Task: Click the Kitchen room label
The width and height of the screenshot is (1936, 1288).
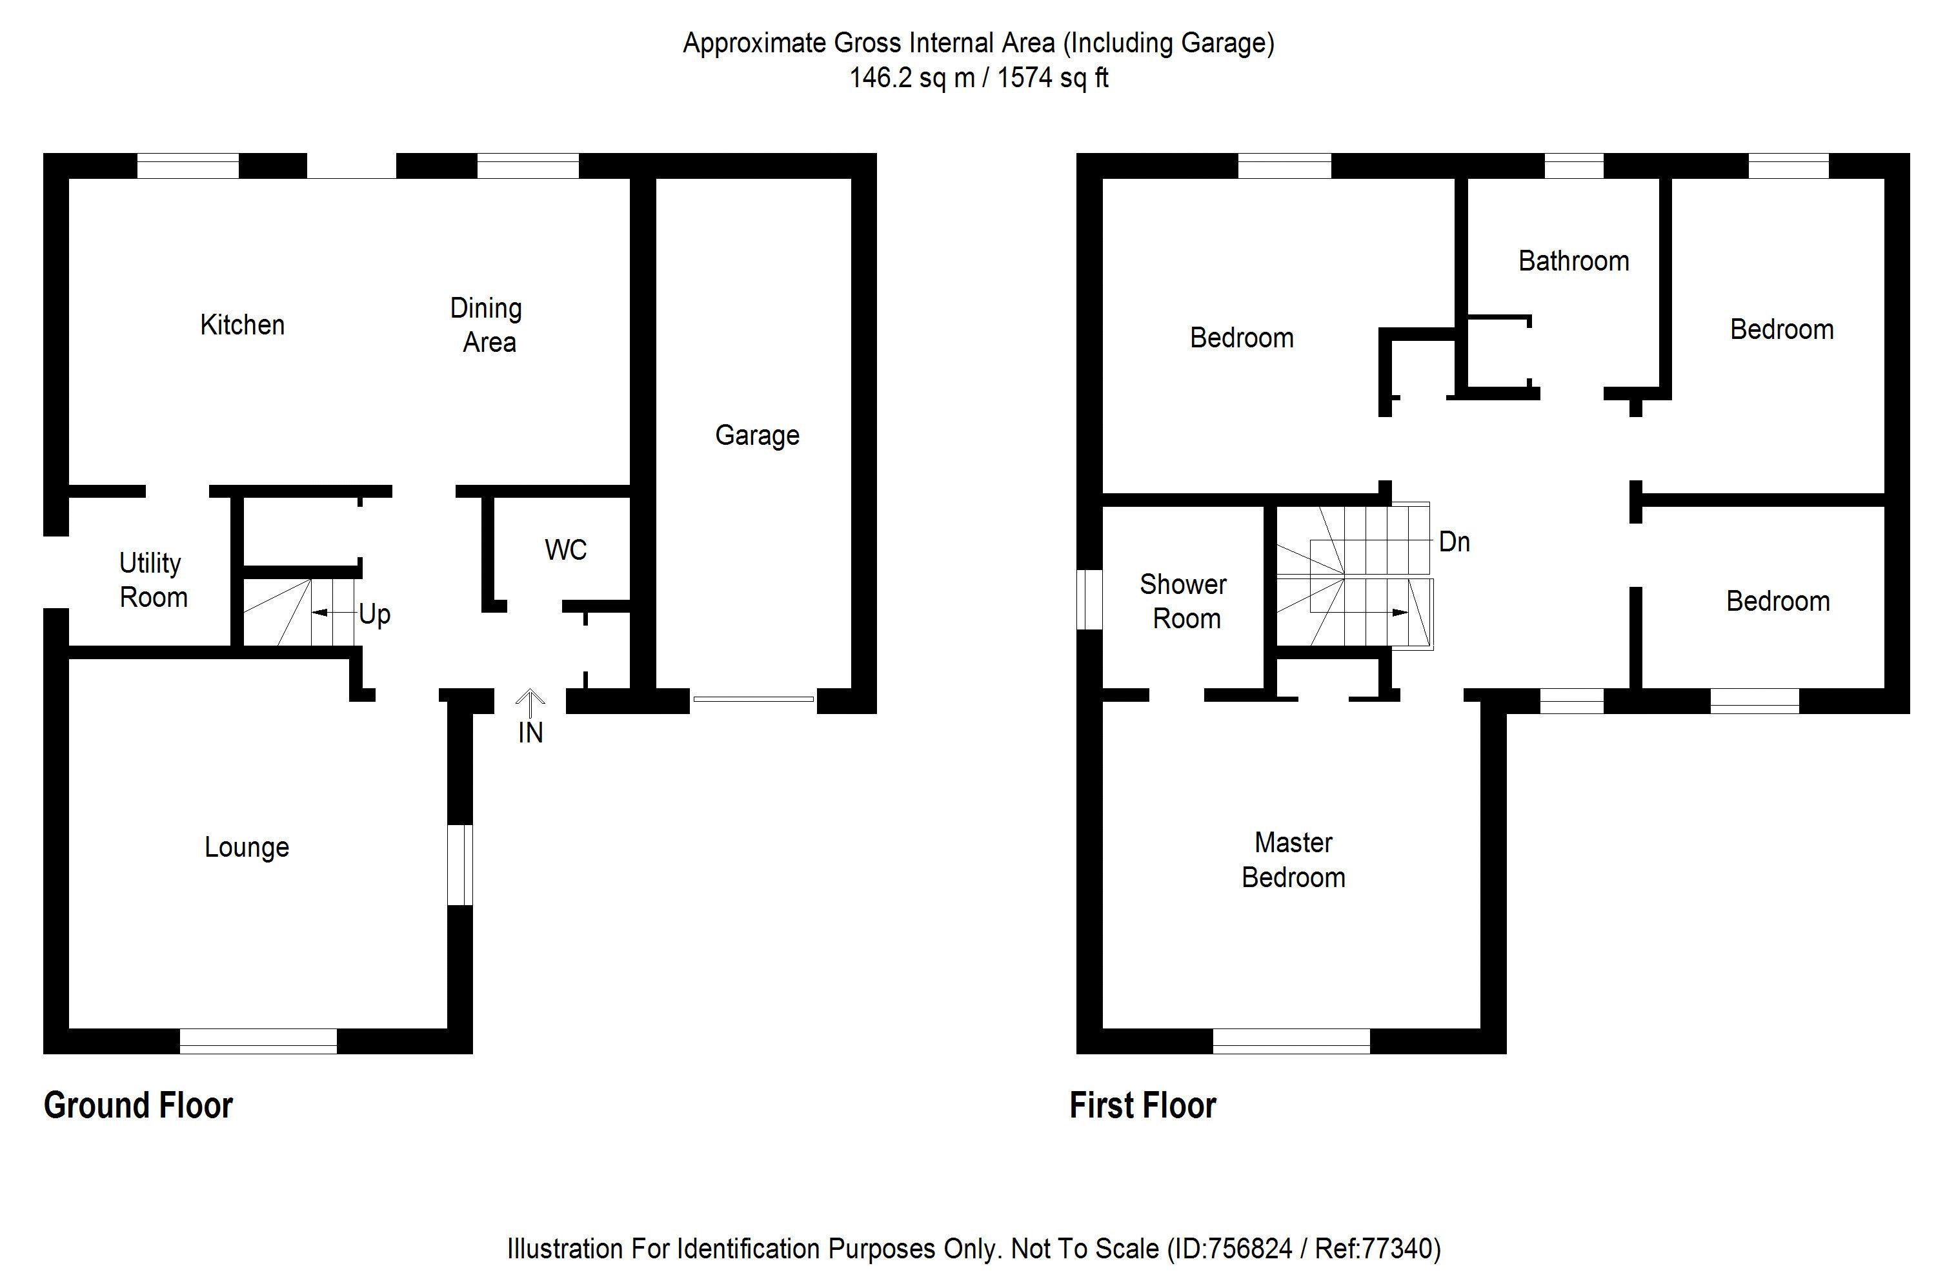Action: tap(242, 325)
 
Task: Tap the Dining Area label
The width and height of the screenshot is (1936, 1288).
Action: tap(487, 325)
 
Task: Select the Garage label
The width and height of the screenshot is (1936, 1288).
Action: tap(756, 435)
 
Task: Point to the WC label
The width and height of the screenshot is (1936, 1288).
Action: tap(566, 550)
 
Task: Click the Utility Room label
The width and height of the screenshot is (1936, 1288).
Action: tap(153, 580)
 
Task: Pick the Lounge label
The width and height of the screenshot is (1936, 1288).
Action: tap(247, 847)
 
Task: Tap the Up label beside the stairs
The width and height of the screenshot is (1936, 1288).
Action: tap(374, 615)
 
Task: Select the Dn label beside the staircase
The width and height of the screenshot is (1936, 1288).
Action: tap(1454, 542)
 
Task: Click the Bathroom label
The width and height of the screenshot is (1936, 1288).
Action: tap(1573, 261)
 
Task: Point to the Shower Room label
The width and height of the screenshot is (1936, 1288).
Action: tap(1184, 601)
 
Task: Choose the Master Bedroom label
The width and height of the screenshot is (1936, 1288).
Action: tap(1293, 860)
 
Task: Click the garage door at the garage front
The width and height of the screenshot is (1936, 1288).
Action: tap(753, 699)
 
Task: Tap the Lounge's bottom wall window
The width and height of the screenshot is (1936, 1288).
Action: tap(257, 1041)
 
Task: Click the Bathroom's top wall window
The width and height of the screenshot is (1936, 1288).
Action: tap(1573, 166)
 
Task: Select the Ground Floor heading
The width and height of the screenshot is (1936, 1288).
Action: tap(138, 1106)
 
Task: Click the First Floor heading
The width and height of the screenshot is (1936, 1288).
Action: tap(1142, 1106)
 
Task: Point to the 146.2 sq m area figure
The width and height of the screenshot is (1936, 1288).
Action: tap(912, 78)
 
